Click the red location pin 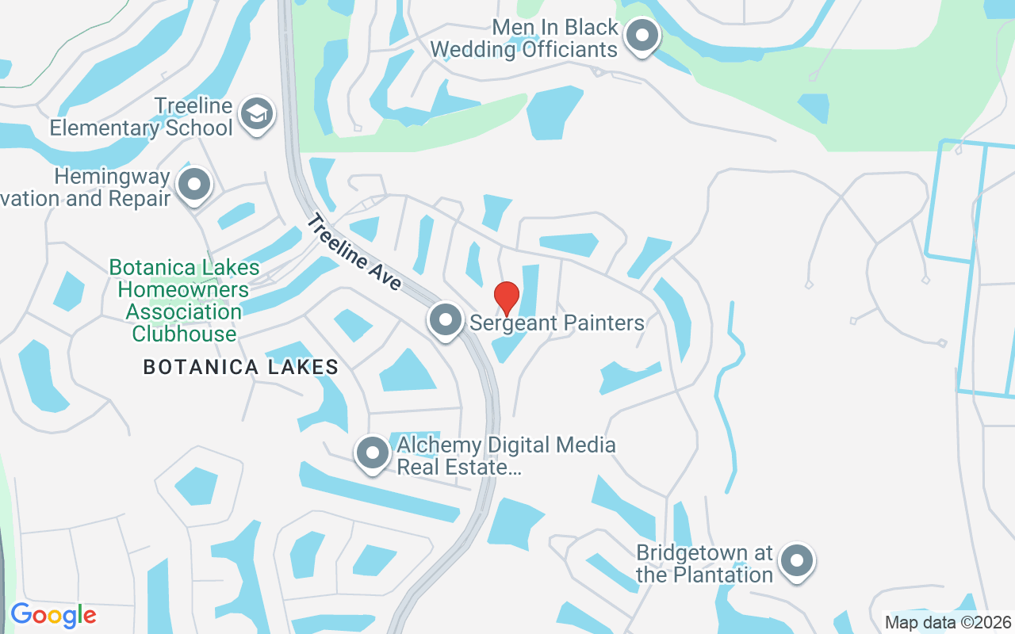click(507, 298)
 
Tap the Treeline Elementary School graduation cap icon click(256, 115)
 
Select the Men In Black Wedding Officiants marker click(643, 36)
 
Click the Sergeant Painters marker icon click(446, 321)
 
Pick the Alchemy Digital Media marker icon click(373, 454)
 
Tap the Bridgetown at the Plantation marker click(797, 562)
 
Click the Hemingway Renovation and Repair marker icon click(194, 185)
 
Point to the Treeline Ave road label click(354, 252)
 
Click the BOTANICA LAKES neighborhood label click(241, 367)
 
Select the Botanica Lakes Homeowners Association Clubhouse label click(184, 301)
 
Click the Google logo click(53, 615)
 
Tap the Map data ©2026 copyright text click(948, 622)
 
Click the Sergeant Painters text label click(557, 323)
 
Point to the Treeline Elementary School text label click(142, 116)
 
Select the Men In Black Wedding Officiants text click(524, 38)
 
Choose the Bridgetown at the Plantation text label click(704, 563)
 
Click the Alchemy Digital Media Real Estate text click(506, 456)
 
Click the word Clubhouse click(184, 334)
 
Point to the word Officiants click(569, 49)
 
